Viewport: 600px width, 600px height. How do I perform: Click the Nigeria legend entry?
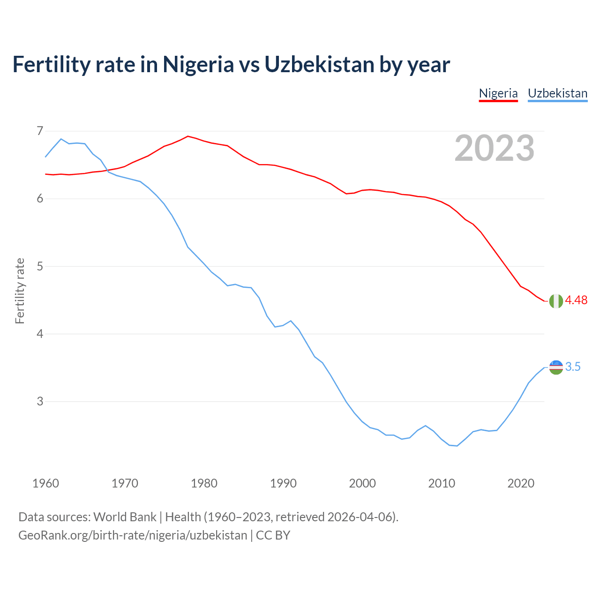[498, 93]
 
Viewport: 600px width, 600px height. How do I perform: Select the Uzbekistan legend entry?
[557, 93]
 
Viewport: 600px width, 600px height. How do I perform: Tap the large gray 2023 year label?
[495, 148]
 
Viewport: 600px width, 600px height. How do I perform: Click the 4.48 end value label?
[576, 300]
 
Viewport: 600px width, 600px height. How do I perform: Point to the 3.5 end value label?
[573, 367]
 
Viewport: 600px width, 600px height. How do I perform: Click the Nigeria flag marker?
[556, 301]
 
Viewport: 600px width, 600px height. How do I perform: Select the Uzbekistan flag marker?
[556, 367]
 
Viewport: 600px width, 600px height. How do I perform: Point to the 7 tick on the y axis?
[39, 131]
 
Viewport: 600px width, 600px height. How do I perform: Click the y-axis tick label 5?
[39, 266]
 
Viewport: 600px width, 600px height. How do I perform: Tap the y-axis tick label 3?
[39, 402]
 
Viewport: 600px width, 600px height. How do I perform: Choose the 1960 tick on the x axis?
[45, 483]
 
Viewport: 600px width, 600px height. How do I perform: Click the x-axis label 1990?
[283, 483]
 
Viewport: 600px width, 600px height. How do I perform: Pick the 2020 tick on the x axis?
[521, 483]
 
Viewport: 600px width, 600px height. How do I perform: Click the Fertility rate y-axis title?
[20, 291]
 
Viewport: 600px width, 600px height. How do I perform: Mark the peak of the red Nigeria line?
[188, 136]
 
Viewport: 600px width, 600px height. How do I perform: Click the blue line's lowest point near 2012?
[457, 446]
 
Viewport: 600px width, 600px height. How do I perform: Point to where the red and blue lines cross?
[106, 170]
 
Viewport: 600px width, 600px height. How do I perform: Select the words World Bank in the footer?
[125, 517]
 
